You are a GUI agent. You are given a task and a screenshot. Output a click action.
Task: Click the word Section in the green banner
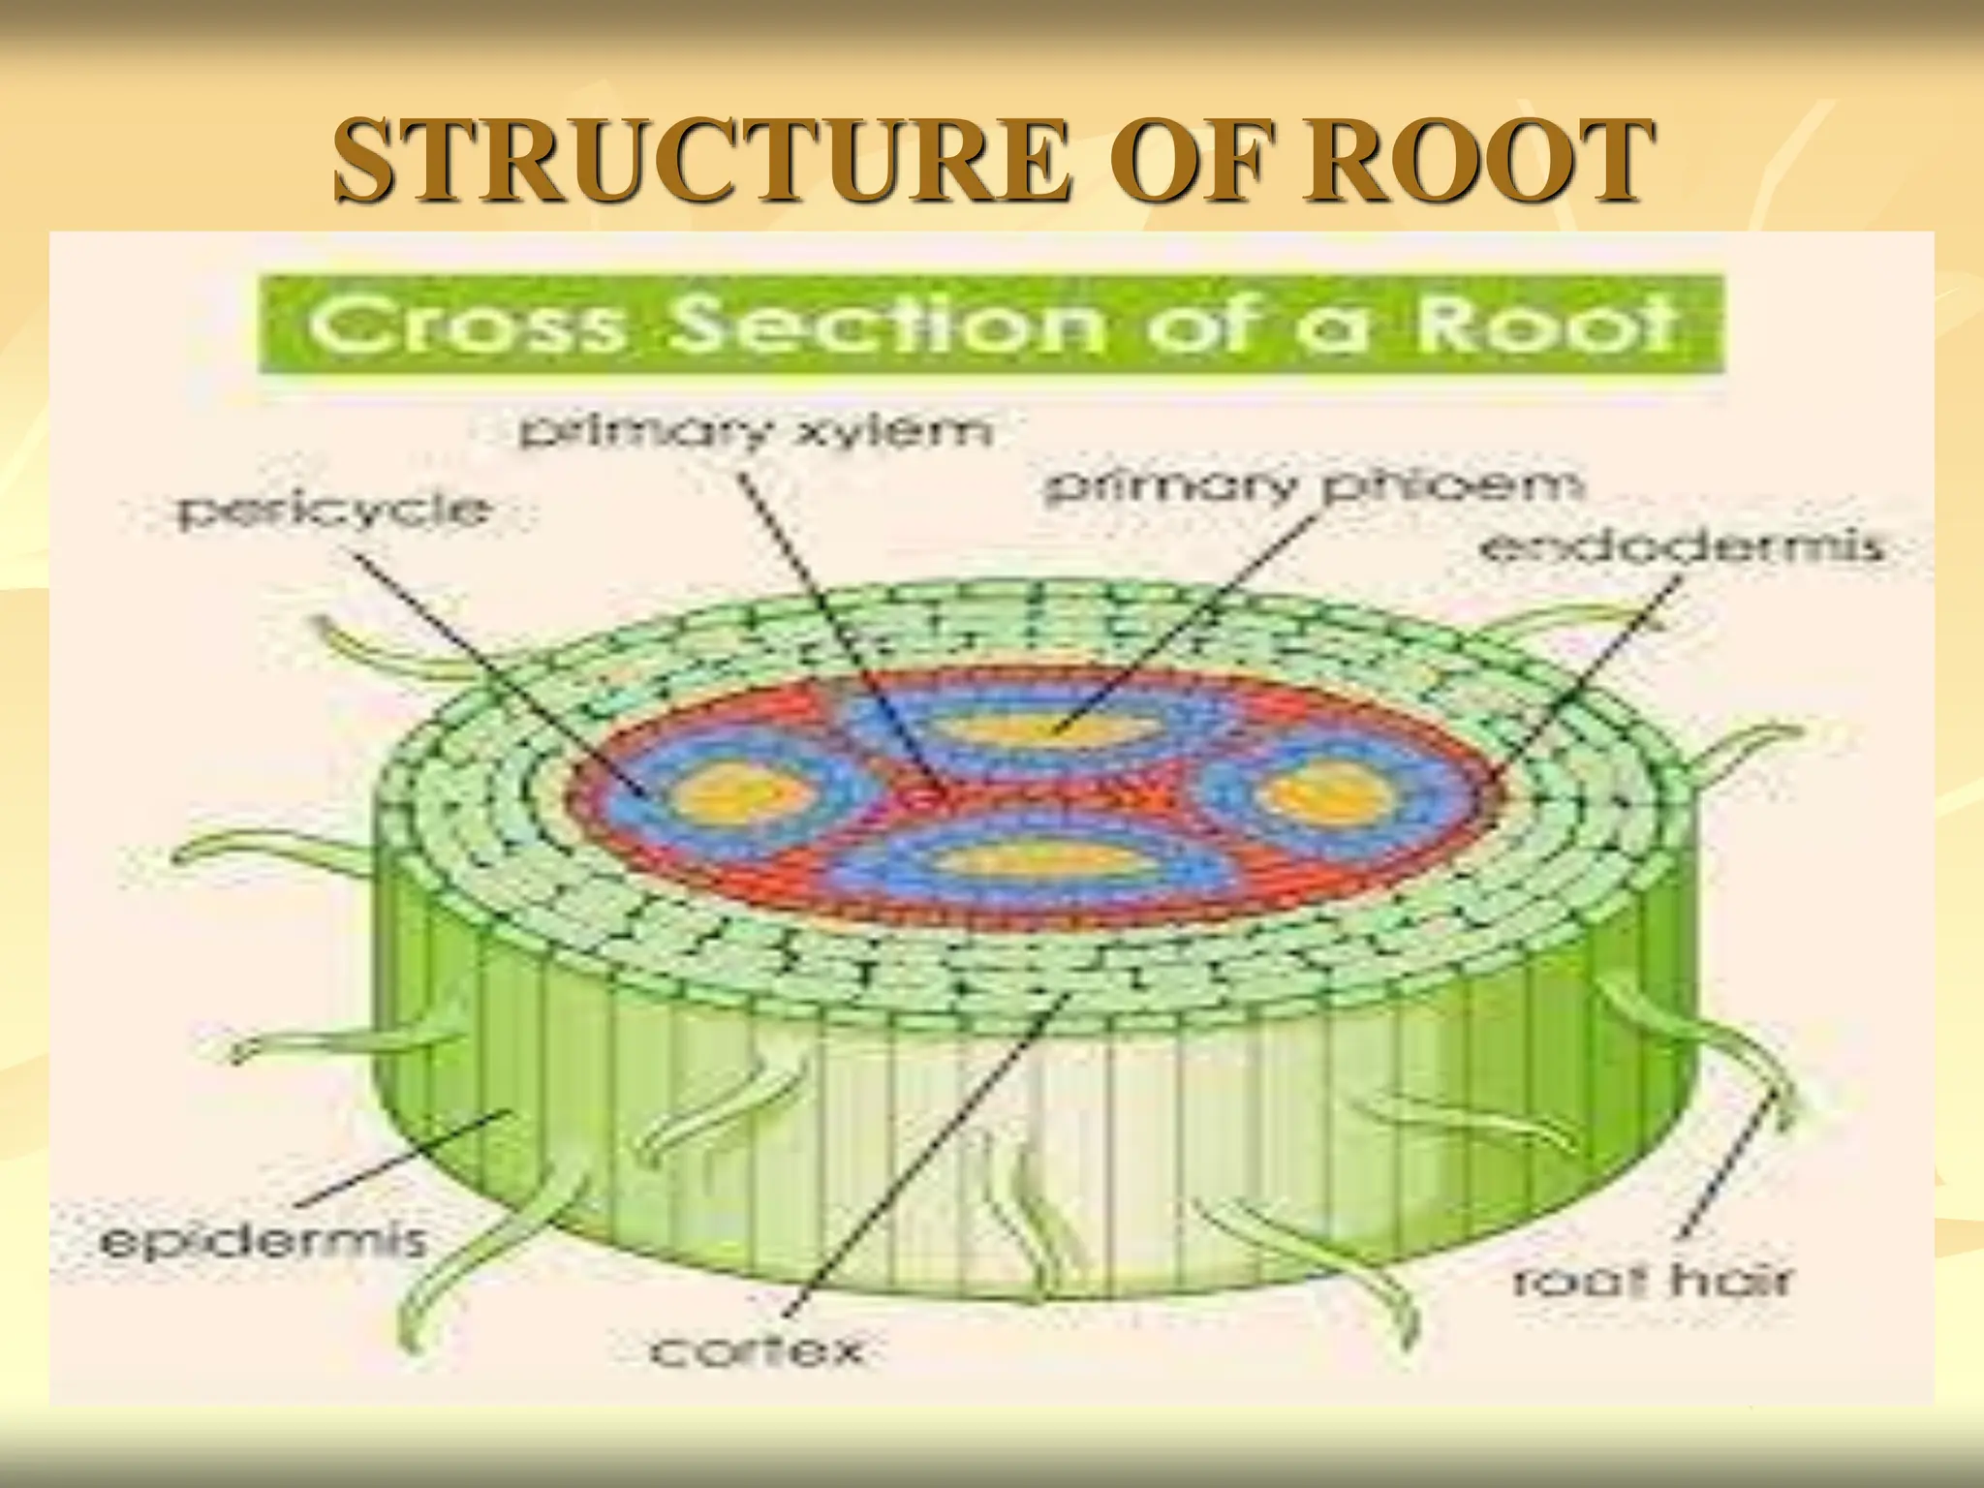[887, 325]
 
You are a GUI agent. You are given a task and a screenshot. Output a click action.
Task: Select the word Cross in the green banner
[466, 325]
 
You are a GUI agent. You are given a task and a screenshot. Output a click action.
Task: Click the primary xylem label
[757, 432]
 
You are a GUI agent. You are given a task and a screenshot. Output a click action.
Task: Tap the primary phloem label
[1313, 485]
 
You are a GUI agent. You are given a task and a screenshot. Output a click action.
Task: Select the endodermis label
[1681, 548]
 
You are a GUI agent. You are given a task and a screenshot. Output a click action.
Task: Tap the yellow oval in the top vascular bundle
[1051, 728]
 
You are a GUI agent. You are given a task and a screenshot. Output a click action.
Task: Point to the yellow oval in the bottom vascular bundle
[1032, 859]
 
